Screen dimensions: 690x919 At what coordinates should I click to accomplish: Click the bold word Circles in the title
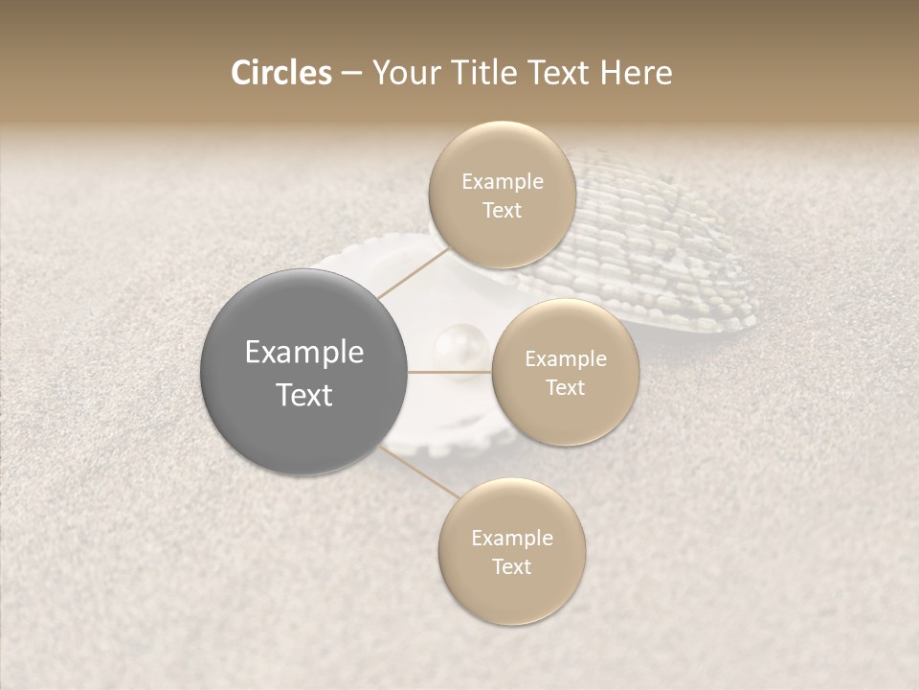point(280,73)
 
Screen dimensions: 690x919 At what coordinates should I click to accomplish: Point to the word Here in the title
point(637,73)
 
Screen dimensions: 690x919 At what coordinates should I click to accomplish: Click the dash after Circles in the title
point(350,74)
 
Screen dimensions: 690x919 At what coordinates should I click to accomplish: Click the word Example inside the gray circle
point(303,353)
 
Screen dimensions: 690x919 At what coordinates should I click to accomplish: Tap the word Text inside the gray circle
point(303,395)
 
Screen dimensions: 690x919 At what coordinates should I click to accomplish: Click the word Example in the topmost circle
point(502,182)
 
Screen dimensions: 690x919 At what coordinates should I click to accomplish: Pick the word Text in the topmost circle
point(502,211)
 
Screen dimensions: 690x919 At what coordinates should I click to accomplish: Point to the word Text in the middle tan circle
point(565,388)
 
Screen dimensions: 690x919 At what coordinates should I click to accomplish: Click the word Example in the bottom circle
point(511,539)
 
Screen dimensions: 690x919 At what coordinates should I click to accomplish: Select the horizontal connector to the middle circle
point(450,372)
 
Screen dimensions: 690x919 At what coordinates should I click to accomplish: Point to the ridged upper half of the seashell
point(661,240)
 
